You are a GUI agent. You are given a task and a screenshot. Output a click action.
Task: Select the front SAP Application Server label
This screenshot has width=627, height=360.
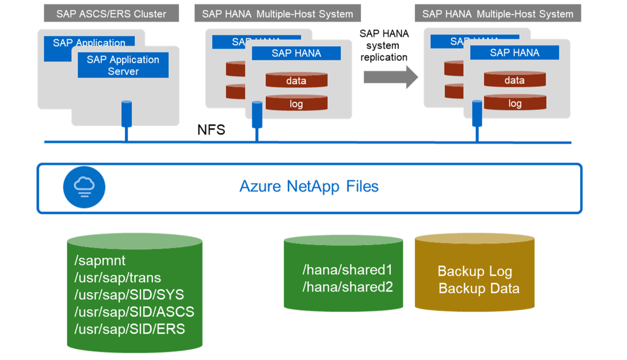pyautogui.click(x=123, y=65)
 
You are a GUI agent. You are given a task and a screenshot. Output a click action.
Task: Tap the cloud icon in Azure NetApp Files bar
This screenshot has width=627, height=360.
pyautogui.click(x=84, y=187)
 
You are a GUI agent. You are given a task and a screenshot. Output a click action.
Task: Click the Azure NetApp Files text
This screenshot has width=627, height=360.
pyautogui.click(x=309, y=187)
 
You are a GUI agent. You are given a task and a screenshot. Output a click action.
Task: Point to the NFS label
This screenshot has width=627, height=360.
pyautogui.click(x=211, y=130)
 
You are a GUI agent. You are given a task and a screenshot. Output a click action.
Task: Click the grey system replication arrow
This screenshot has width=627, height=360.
pyautogui.click(x=390, y=77)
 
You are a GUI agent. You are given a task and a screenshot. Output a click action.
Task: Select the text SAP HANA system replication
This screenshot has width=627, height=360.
pyautogui.click(x=384, y=45)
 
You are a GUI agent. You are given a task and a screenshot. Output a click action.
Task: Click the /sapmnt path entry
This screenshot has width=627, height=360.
pyautogui.click(x=100, y=261)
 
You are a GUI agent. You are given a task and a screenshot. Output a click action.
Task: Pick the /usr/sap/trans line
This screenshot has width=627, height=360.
pyautogui.click(x=118, y=277)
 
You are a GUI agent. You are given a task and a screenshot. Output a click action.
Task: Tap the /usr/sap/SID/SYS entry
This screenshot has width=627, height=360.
pyautogui.click(x=129, y=295)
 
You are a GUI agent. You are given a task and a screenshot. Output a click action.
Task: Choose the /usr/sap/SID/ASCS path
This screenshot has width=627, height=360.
pyautogui.click(x=134, y=312)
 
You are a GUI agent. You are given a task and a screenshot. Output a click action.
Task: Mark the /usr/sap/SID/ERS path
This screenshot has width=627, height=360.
pyautogui.click(x=130, y=329)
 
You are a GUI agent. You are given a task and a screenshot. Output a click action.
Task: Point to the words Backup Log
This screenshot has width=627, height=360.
pyautogui.click(x=474, y=272)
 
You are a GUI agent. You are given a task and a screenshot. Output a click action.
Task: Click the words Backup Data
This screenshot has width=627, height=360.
pyautogui.click(x=479, y=288)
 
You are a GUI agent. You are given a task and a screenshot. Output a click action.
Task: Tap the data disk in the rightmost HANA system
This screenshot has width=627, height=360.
pyautogui.click(x=515, y=80)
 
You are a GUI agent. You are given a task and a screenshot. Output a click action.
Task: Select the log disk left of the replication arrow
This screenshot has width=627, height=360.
pyautogui.click(x=296, y=103)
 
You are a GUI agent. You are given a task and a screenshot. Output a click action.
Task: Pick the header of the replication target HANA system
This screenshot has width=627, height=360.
pyautogui.click(x=498, y=14)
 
